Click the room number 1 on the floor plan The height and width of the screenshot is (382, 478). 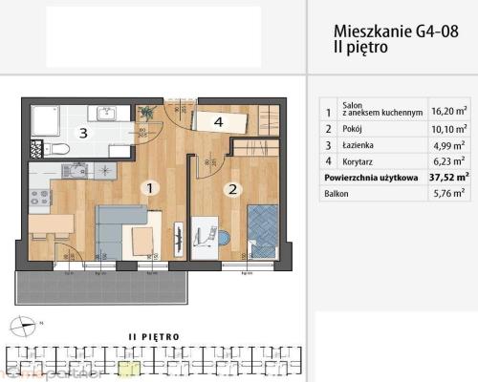tap(148, 188)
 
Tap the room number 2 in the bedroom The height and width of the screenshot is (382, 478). tap(231, 189)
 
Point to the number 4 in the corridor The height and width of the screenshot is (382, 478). tap(218, 121)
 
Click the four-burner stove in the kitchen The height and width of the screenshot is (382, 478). tap(40, 198)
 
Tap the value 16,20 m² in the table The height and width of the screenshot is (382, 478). tap(447, 111)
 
